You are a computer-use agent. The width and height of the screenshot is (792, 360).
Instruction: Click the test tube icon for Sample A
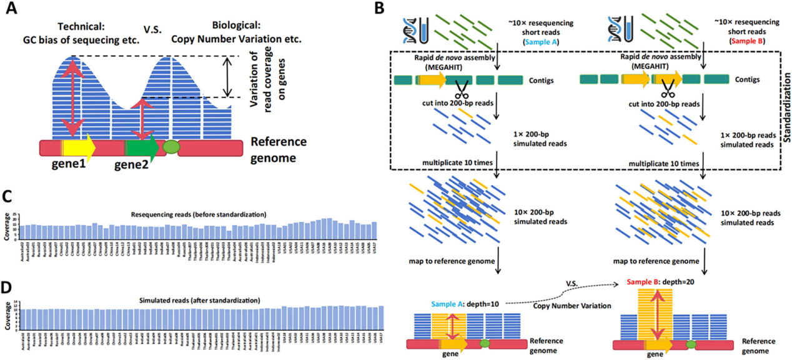tap(425, 29)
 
